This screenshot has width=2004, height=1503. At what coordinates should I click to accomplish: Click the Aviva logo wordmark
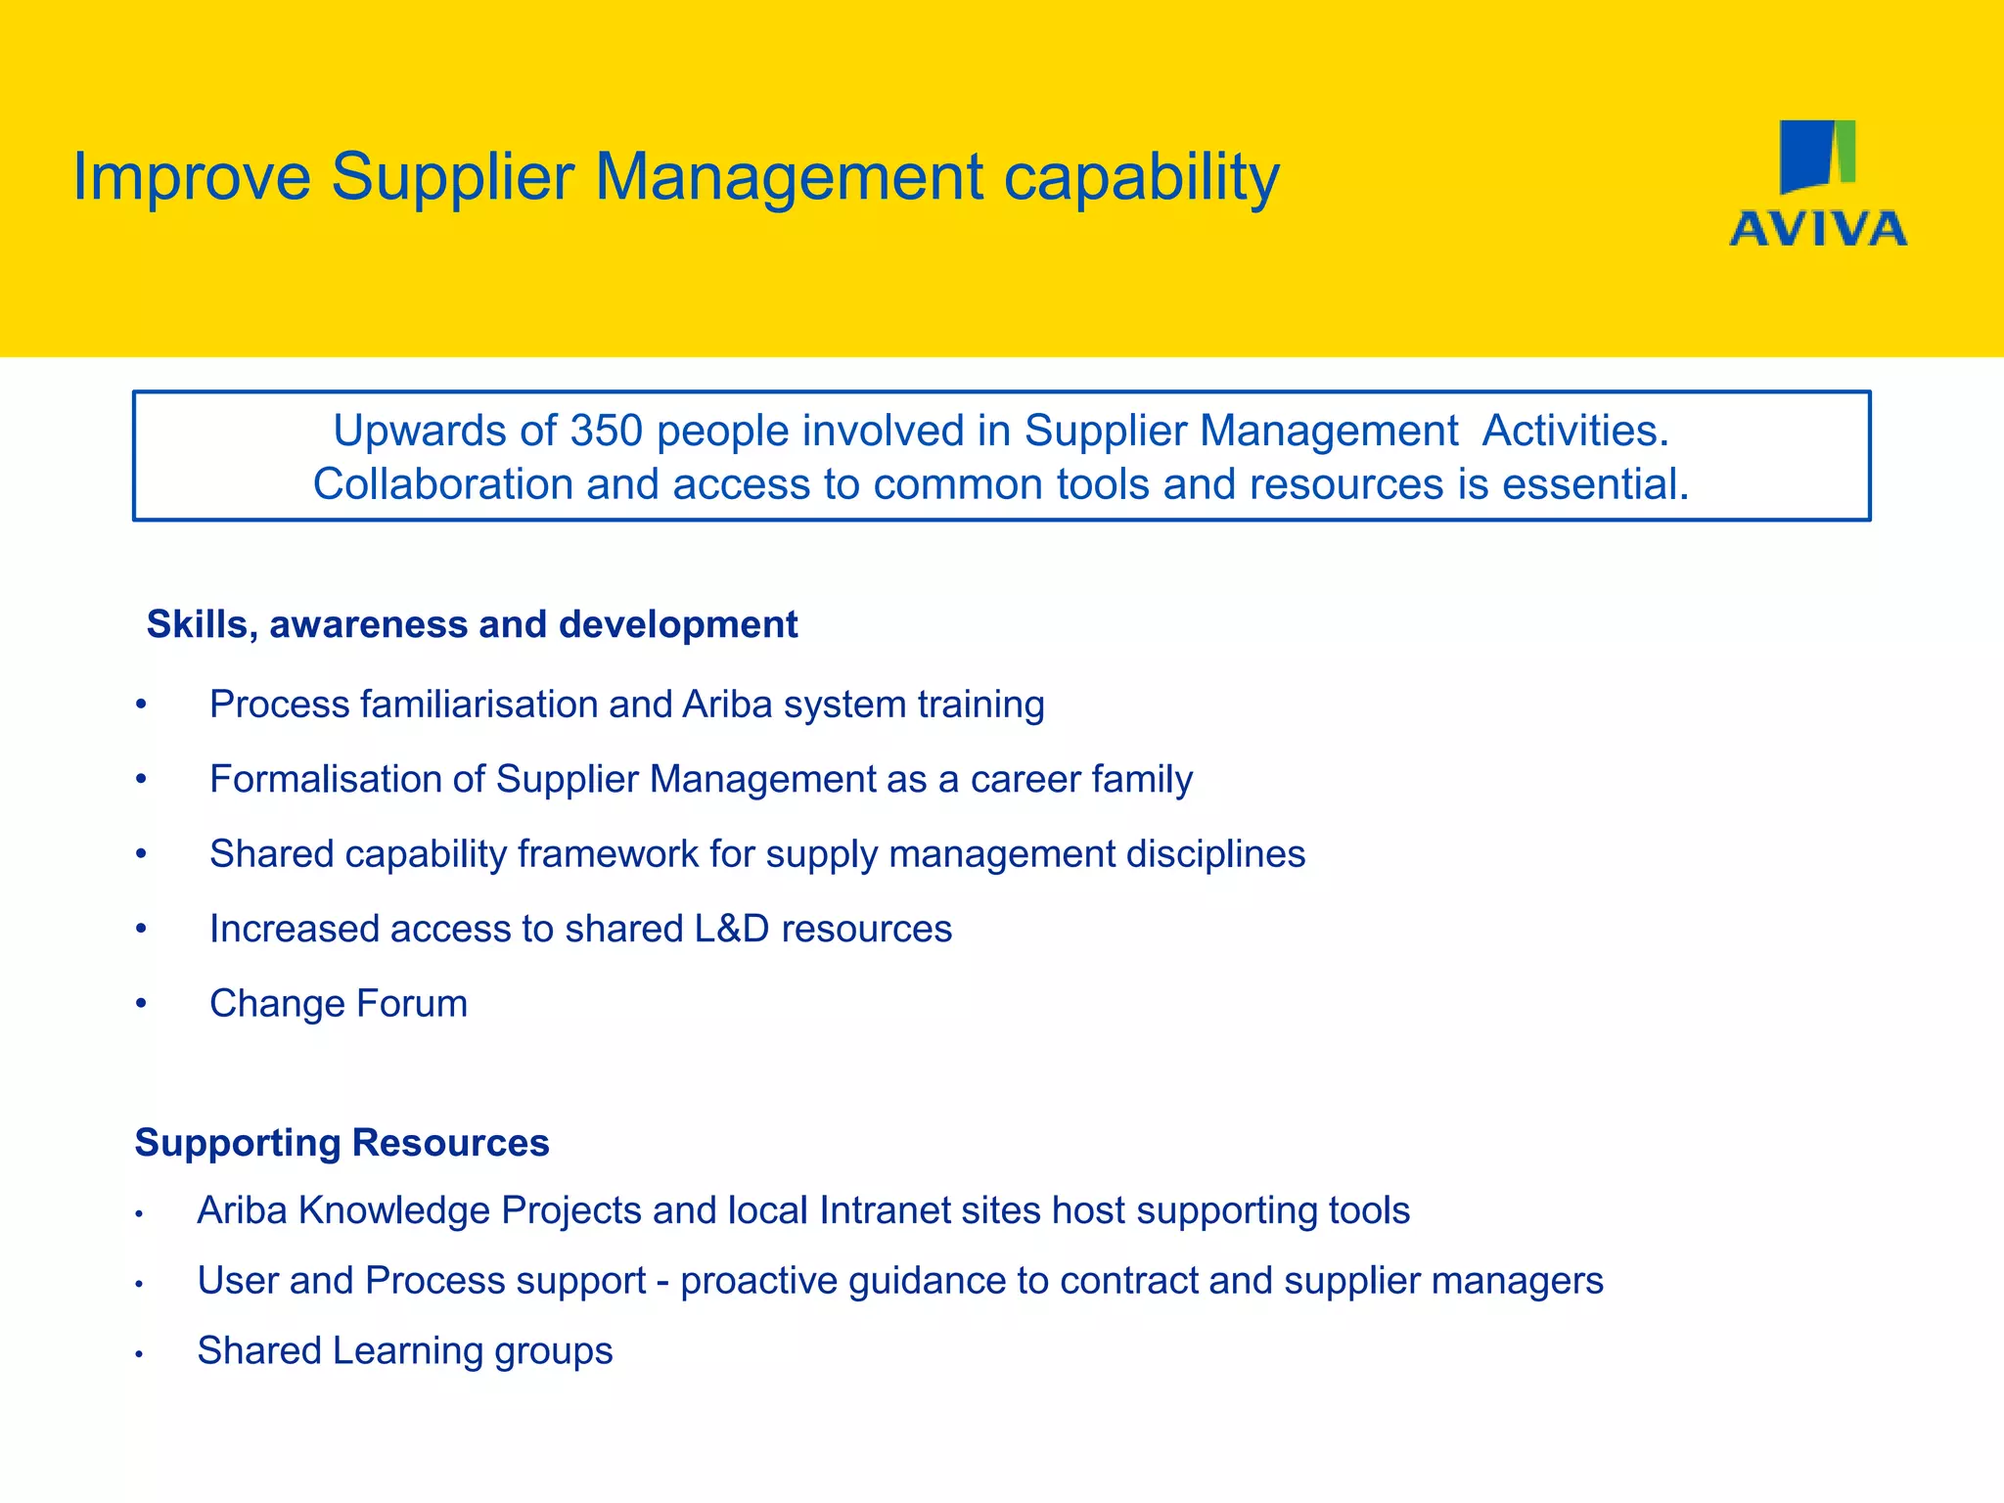[1818, 229]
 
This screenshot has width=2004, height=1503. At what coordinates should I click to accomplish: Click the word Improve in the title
[192, 178]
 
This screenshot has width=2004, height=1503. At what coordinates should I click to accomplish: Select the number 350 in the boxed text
[606, 432]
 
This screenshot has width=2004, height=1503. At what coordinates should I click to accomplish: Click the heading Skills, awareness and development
[472, 624]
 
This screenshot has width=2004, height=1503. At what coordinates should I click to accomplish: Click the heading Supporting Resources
[342, 1143]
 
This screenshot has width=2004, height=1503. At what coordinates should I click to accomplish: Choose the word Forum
[412, 1004]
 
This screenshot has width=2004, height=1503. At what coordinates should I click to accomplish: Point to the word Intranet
[885, 1211]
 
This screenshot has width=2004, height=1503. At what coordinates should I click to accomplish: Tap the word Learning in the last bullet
[407, 1351]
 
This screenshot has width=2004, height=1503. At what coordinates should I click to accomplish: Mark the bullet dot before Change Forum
[142, 1004]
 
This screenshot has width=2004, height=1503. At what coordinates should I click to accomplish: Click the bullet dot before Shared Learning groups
[140, 1354]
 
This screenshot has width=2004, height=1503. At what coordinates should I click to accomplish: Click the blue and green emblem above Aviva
[1817, 156]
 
